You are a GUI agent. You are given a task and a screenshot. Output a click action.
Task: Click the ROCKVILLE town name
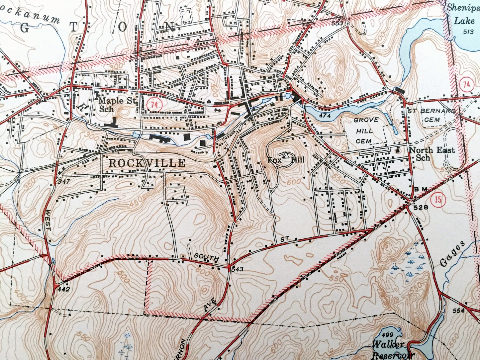(x=147, y=163)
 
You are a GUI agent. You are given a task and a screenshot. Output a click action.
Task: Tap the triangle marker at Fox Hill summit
(x=285, y=155)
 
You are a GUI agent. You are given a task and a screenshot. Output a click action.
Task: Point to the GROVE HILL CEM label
(x=365, y=131)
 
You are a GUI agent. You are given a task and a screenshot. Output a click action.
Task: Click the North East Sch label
(x=431, y=154)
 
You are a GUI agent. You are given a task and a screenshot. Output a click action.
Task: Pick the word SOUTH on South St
(x=207, y=257)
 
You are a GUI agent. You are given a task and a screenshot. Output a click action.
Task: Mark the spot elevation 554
(x=458, y=311)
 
